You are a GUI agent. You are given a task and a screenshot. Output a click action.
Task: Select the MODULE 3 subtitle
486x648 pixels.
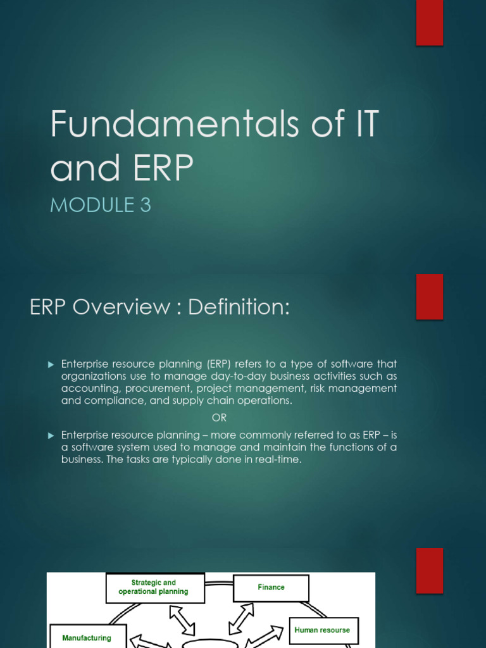101,206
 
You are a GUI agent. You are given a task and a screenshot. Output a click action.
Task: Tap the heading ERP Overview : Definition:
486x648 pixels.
159,307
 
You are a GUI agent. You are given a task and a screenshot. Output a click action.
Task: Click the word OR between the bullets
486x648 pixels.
219,418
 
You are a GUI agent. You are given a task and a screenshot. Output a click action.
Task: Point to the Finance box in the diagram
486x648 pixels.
271,587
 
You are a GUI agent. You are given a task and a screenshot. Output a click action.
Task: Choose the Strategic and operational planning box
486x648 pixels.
154,587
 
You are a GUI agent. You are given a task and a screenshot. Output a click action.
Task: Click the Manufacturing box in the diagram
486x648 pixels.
87,637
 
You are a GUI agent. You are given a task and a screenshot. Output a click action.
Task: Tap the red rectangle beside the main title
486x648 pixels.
429,23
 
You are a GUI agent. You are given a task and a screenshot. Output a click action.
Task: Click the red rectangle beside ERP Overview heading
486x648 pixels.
429,297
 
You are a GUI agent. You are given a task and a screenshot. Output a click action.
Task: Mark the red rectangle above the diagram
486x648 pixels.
429,571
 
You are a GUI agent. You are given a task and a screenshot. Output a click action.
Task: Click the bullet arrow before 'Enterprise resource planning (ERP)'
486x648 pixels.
52,364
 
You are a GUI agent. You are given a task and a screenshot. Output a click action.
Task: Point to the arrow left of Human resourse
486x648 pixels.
268,637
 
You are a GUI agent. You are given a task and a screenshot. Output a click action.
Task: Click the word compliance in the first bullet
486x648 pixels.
114,401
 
